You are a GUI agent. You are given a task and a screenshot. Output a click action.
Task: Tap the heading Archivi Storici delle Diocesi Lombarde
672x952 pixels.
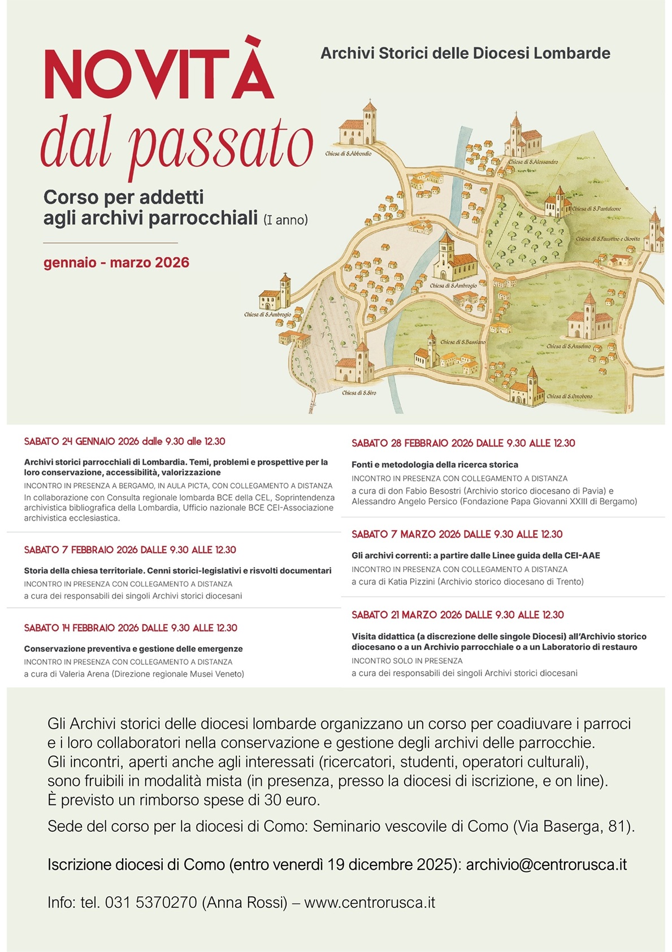click(x=465, y=54)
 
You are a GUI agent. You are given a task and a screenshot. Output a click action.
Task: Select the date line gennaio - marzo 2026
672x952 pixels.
click(x=116, y=263)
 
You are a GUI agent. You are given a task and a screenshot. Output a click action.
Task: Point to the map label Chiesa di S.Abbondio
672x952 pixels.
click(x=348, y=154)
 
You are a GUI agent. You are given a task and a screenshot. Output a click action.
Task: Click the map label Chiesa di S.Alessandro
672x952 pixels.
click(x=533, y=162)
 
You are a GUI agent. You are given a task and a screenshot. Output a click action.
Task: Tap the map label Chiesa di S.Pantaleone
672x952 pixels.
click(x=596, y=209)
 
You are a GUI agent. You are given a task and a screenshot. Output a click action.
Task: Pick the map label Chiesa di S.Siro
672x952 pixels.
click(x=359, y=393)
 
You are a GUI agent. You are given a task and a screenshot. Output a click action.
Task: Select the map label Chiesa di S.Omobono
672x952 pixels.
click(x=569, y=397)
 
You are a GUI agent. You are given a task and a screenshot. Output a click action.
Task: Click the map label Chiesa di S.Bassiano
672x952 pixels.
click(x=463, y=342)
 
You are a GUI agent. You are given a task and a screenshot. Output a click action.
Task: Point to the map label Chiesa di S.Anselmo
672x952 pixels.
click(x=569, y=347)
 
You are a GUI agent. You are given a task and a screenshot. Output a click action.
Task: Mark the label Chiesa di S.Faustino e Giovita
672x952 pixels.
click(x=608, y=239)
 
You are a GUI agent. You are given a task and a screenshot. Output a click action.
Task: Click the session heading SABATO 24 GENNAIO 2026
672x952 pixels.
click(x=124, y=442)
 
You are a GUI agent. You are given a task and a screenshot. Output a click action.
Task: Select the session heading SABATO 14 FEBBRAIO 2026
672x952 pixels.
click(x=131, y=628)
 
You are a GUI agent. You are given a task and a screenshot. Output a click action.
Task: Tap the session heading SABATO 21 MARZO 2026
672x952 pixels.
click(x=458, y=615)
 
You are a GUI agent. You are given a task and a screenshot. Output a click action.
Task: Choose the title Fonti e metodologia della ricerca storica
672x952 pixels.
click(x=435, y=465)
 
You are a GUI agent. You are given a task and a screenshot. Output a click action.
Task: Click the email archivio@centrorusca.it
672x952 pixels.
click(x=546, y=865)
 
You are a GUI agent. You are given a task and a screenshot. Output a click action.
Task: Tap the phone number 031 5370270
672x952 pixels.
click(x=151, y=903)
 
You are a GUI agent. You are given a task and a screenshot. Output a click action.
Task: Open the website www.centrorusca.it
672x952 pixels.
click(x=370, y=903)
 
